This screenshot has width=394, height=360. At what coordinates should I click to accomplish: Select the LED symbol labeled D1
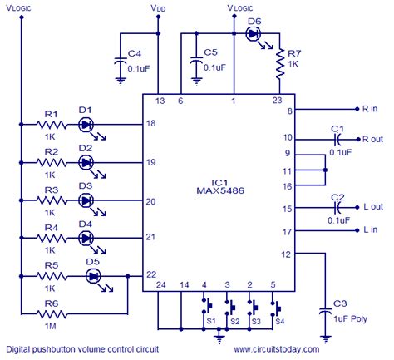coord(86,124)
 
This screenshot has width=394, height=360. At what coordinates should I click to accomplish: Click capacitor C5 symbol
coord(195,62)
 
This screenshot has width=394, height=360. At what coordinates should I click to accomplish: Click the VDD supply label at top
coord(157,7)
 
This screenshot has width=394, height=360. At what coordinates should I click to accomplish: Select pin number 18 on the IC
coord(150,123)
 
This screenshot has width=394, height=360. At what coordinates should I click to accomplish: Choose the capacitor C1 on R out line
coord(336,137)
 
